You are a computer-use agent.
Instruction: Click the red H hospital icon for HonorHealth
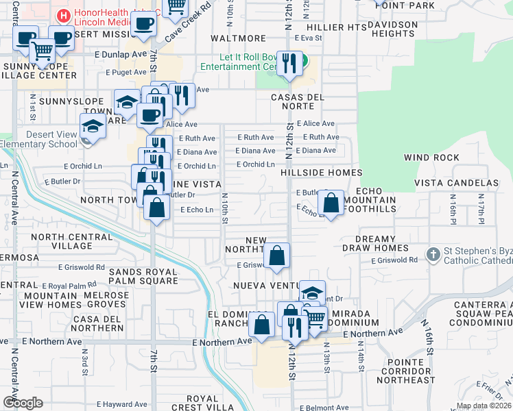point(64,14)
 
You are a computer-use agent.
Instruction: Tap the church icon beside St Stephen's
point(433,255)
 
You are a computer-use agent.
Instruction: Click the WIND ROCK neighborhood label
point(431,158)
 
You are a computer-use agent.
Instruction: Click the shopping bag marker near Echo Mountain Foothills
point(331,203)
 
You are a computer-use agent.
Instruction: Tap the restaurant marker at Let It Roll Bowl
point(291,63)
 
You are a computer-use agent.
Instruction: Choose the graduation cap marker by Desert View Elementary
point(93,126)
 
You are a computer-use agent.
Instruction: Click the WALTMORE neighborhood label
point(238,38)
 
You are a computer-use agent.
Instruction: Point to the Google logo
point(23,403)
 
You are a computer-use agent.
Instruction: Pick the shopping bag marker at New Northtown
point(276,256)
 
